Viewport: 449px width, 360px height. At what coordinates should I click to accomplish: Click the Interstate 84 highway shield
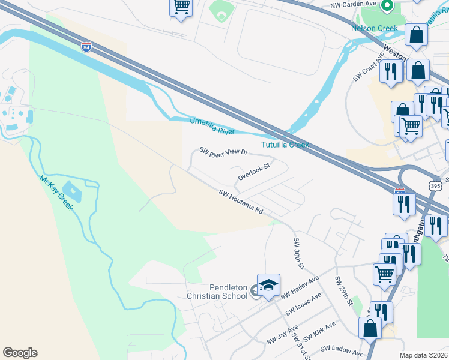[86, 46]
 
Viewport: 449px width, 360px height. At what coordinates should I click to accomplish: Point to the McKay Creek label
[56, 192]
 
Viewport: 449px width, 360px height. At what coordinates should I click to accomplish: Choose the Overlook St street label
[254, 172]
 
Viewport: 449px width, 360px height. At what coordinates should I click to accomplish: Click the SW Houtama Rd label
[241, 202]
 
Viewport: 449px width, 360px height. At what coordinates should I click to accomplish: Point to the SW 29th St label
[343, 291]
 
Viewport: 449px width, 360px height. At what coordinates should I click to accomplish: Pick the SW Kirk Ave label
[319, 331]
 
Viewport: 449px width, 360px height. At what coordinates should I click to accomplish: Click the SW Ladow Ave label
[342, 350]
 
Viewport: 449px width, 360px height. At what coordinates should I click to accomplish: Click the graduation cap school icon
[268, 284]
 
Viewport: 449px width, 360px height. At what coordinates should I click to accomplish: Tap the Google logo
[20, 353]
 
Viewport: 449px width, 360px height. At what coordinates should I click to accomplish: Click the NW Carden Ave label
[353, 5]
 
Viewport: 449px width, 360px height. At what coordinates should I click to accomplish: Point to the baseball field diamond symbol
[220, 12]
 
